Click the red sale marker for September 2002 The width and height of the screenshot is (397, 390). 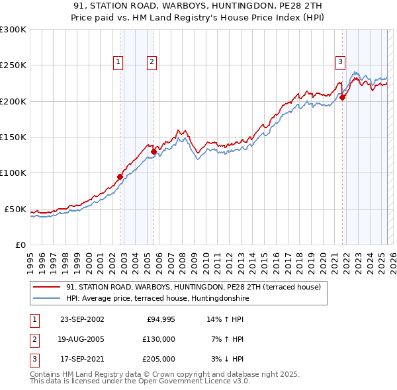click(120, 176)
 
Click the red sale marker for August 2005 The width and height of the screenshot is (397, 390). click(154, 151)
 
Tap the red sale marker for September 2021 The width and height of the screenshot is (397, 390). click(343, 98)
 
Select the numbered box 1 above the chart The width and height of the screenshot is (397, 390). click(118, 62)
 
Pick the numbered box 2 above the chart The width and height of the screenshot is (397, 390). click(152, 62)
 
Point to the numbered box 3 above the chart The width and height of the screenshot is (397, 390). click(340, 62)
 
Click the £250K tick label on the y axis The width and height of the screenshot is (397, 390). click(13, 65)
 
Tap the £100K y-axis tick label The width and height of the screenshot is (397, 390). click(13, 173)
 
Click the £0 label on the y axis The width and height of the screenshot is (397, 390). click(20, 245)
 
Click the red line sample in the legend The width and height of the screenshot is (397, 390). click(46, 287)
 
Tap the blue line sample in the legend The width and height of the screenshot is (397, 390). click(46, 299)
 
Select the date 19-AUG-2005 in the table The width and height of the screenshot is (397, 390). click(82, 339)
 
